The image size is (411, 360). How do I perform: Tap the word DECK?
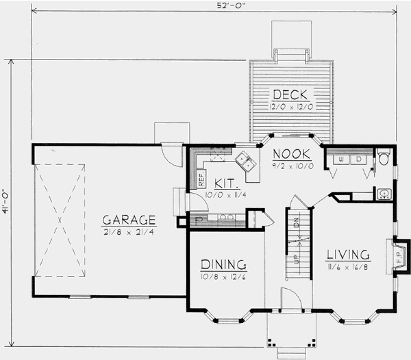pos(290,94)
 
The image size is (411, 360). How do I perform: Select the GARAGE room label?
pos(129,220)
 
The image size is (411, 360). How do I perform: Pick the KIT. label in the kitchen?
pos(226,184)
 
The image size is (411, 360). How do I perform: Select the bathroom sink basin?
pos(384,194)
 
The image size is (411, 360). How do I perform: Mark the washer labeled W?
pos(340,159)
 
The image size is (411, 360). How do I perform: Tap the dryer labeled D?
pos(358,159)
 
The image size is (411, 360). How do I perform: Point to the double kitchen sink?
pos(245,163)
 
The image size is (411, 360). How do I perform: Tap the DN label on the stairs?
pos(296,223)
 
